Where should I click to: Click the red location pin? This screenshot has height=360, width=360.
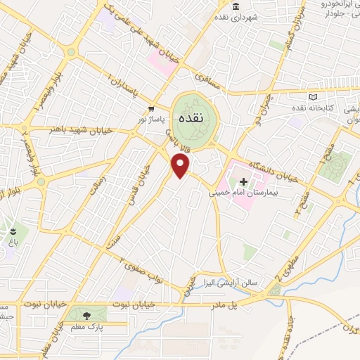pos(181,165)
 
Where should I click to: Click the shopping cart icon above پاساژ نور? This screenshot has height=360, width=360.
pos(152,109)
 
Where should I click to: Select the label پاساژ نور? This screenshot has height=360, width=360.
pos(153,120)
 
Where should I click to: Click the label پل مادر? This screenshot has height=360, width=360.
pos(224,305)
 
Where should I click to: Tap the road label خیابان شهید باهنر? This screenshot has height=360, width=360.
pos(70,129)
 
